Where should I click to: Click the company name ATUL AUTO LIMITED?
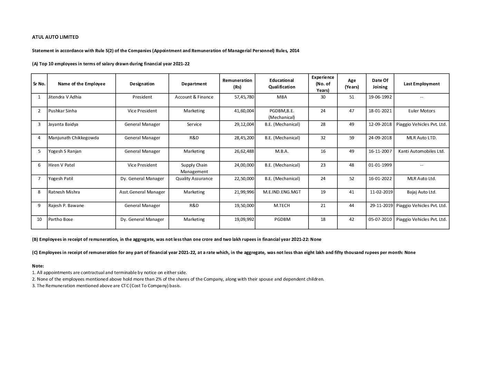55,37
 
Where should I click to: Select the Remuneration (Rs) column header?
237,84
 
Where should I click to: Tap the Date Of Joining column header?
380,84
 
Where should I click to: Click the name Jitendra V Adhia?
65,97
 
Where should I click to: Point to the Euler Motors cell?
421,111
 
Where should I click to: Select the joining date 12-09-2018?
380,124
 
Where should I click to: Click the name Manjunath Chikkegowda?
74,138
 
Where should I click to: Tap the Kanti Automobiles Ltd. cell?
421,151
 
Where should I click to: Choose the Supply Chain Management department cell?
194,168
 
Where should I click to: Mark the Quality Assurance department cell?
194,179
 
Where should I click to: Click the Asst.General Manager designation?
142,192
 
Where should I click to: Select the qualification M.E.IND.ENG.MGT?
282,192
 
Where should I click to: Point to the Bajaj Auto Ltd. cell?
421,192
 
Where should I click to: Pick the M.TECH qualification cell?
282,206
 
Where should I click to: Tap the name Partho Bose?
61,219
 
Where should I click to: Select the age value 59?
351,138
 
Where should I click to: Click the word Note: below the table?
38,266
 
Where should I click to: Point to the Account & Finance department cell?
194,97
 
